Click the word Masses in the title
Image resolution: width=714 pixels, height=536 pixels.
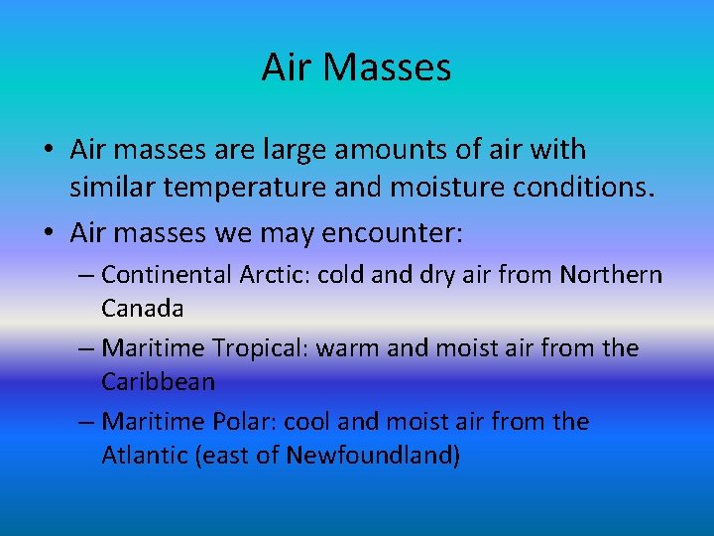pyautogui.click(x=387, y=67)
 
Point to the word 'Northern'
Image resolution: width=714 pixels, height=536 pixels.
pyautogui.click(x=611, y=274)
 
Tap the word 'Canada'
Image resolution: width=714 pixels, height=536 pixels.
pyautogui.click(x=143, y=308)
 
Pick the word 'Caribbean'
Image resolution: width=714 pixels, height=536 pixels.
pyautogui.click(x=159, y=381)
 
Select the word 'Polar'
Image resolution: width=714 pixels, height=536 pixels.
pyautogui.click(x=244, y=422)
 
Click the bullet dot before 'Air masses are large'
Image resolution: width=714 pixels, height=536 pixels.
pyautogui.click(x=48, y=152)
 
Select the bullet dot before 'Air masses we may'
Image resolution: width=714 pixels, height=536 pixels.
pyautogui.click(x=48, y=234)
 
